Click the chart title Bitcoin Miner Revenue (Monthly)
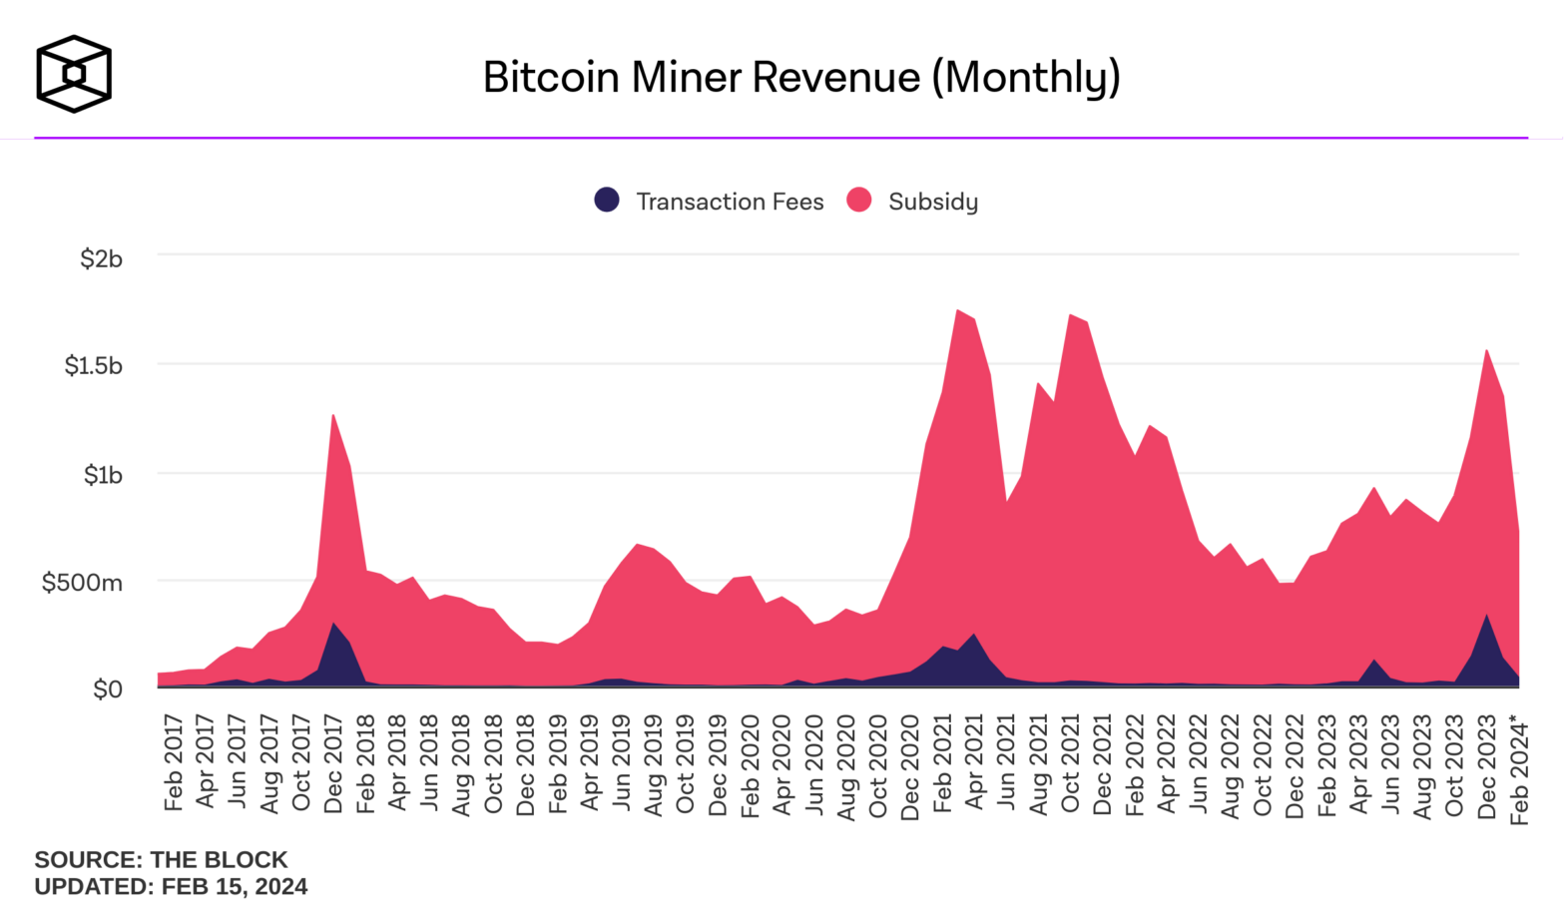click(x=801, y=77)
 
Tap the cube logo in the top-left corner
click(x=74, y=74)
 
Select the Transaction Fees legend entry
click(x=710, y=202)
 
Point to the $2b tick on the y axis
click(x=101, y=258)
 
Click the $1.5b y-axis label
click(x=94, y=365)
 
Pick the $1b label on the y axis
click(x=103, y=474)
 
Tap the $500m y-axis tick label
click(x=82, y=582)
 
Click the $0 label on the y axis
click(x=107, y=688)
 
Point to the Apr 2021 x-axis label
click(x=974, y=763)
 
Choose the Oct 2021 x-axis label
click(x=1070, y=763)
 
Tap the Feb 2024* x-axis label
click(x=1519, y=768)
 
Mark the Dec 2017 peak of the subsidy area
click(x=332, y=417)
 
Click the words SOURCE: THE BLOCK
click(x=161, y=859)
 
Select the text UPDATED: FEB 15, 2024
click(x=171, y=886)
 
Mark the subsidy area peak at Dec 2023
click(x=1487, y=353)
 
